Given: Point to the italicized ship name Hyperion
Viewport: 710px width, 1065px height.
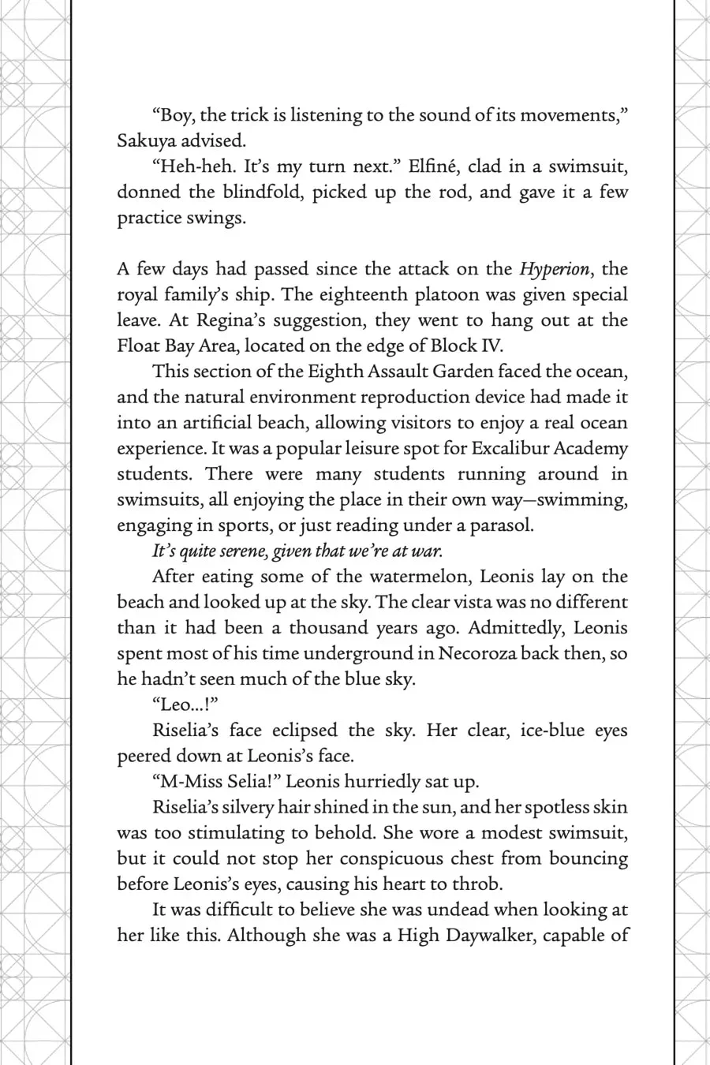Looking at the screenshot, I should tap(554, 269).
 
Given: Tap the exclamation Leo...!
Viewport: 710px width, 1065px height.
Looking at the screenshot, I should tap(184, 704).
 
